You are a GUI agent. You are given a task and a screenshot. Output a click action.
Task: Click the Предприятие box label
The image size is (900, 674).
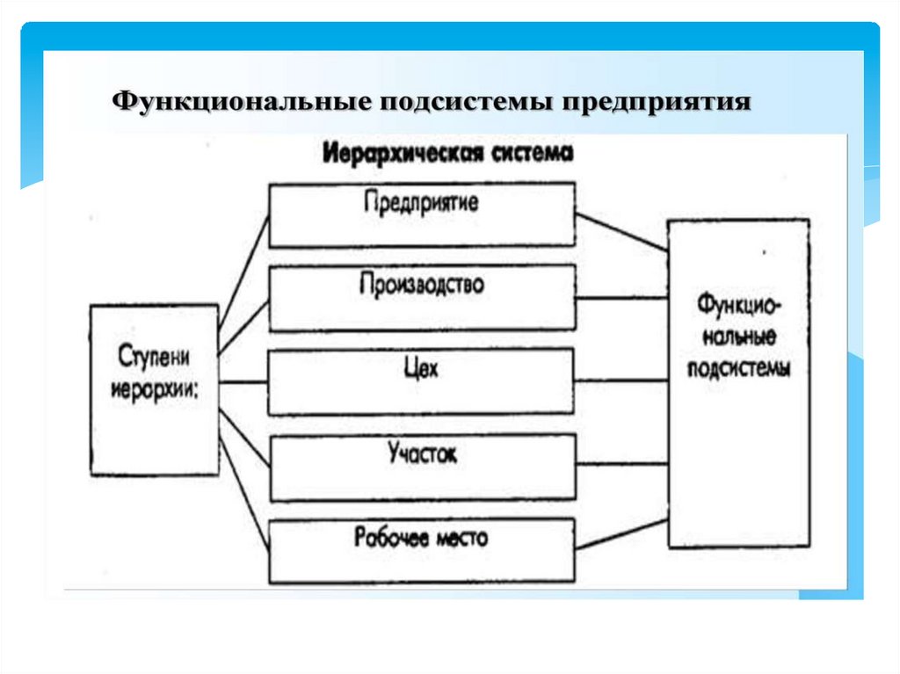[422, 202]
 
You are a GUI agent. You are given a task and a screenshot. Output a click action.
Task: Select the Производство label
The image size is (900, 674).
[422, 286]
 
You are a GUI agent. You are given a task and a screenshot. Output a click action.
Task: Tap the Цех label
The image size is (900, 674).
[422, 369]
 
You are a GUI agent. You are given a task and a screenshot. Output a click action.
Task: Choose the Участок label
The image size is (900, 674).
[422, 453]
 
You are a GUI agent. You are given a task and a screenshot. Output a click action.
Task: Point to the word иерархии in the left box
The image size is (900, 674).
[154, 390]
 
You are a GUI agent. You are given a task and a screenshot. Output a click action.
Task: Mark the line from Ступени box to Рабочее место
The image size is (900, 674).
[243, 484]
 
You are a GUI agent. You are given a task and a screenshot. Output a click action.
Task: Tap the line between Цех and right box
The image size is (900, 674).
[621, 380]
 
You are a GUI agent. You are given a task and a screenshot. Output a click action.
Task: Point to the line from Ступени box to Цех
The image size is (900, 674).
[243, 382]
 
